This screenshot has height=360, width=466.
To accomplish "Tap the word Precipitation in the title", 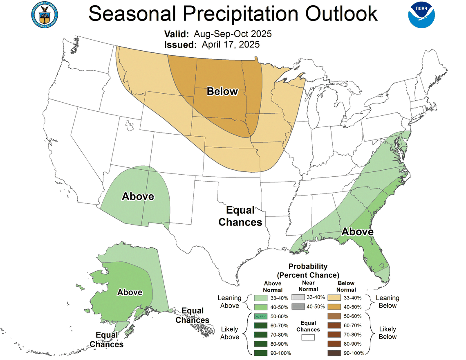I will tap(233, 14).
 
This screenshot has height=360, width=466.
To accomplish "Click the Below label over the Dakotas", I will tap(222, 91).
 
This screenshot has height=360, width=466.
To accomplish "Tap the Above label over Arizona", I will tap(138, 197).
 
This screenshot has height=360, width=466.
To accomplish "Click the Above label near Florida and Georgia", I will tap(357, 232).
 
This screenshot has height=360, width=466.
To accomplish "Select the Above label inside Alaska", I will tap(130, 292).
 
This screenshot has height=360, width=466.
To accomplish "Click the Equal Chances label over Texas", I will tap(240, 216).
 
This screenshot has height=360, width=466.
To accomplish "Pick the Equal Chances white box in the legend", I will tap(308, 337).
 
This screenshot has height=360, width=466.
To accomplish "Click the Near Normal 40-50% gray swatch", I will tap(298, 307).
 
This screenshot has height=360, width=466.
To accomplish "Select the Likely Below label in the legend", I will tap(387, 333).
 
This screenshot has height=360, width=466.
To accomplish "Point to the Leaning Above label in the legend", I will tap(229, 302).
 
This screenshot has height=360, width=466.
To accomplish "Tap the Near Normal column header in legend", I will tap(308, 286).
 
